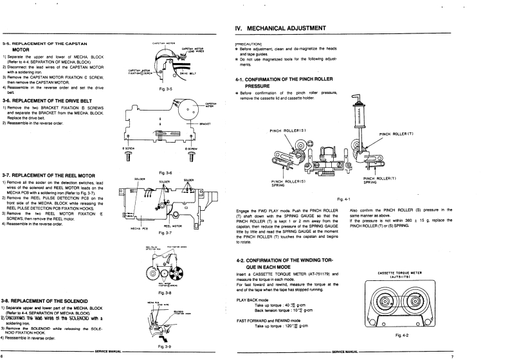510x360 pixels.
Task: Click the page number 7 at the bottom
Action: (x=451, y=355)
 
